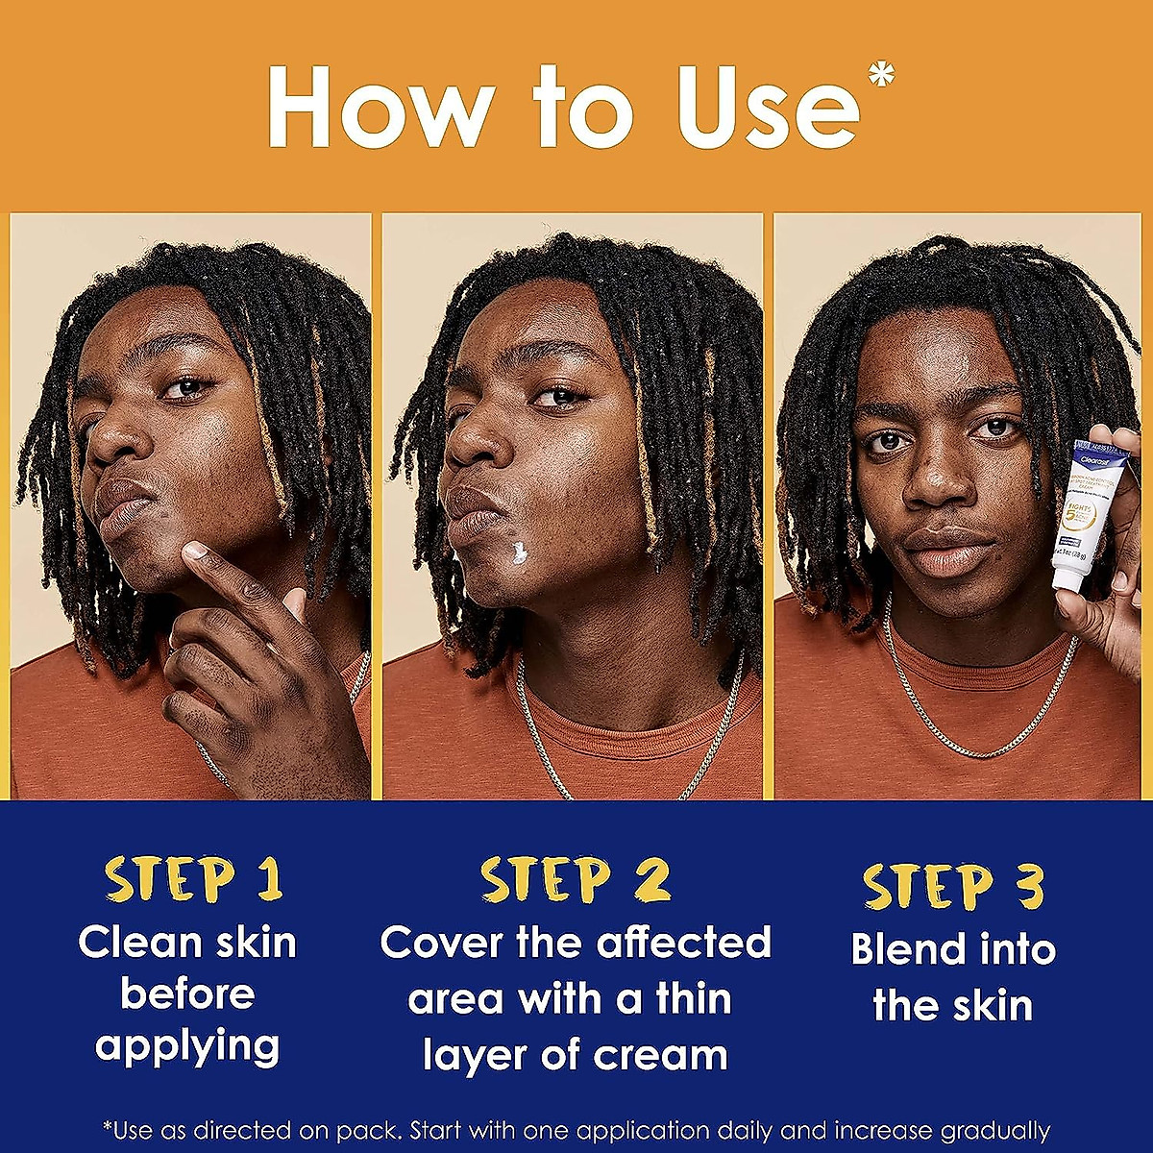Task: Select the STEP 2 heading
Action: (576, 880)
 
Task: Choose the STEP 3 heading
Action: (952, 887)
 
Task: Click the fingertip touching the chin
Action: (196, 552)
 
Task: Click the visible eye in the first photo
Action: (184, 387)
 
